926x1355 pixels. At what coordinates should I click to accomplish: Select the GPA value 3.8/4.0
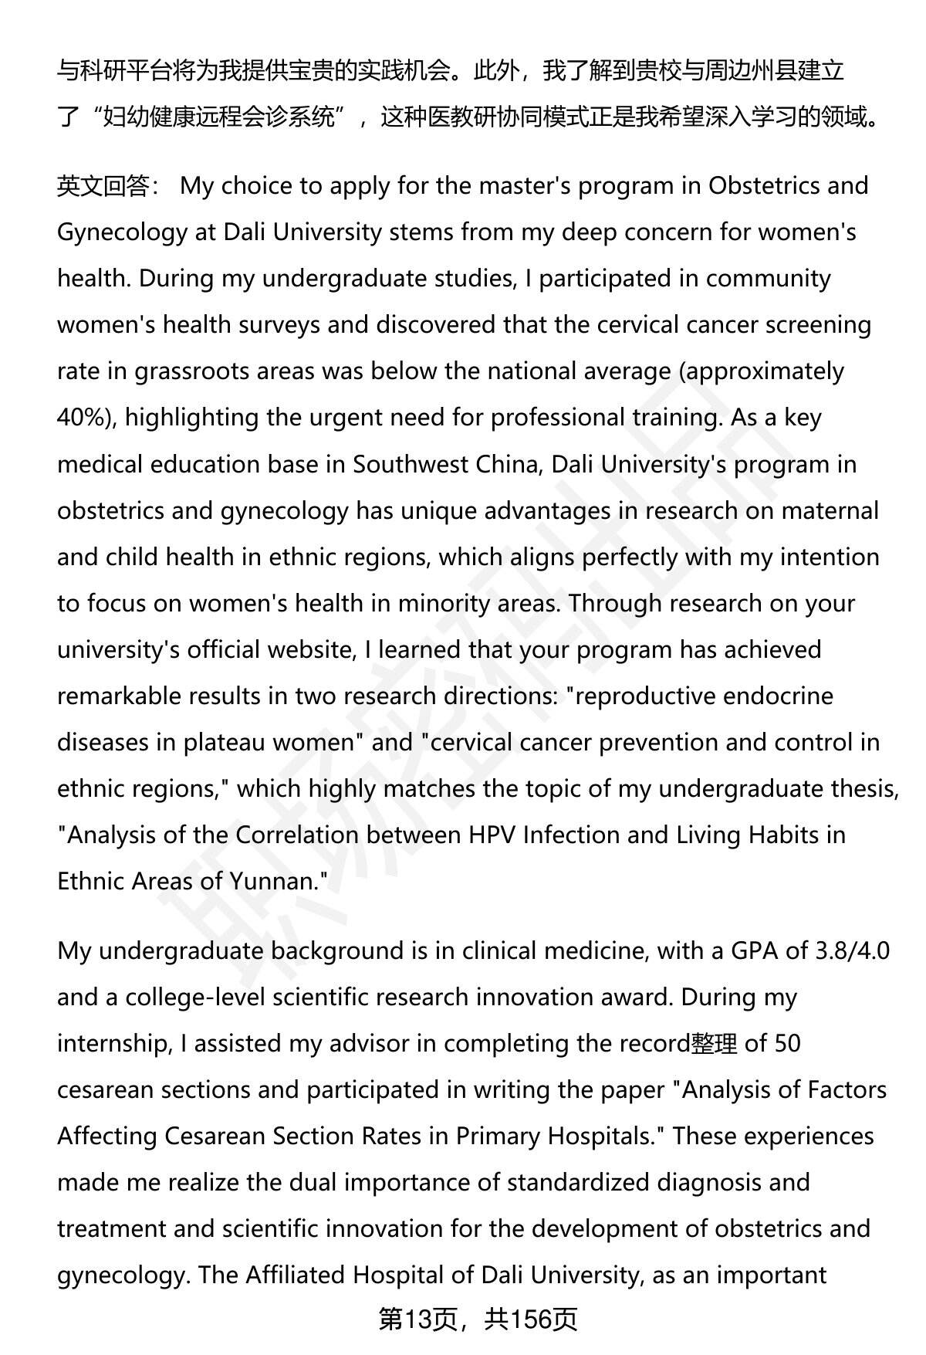852,950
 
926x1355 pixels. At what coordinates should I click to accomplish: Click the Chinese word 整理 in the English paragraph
715,1043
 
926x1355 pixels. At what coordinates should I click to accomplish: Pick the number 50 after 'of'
787,1043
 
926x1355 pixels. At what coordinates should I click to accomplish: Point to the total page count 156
529,1319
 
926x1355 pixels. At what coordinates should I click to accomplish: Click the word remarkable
117,696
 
